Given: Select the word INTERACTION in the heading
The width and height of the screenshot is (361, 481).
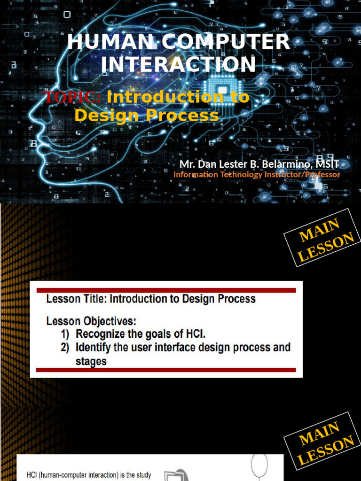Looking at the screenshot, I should (179, 64).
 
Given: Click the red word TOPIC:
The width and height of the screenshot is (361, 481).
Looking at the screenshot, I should (72, 97).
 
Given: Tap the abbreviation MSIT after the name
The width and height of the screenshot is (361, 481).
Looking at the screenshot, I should (327, 164).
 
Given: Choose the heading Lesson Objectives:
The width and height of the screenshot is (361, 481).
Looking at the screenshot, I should (91, 322).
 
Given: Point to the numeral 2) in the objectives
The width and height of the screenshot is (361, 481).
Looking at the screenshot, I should (65, 348).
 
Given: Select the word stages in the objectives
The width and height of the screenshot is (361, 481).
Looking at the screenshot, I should (91, 361).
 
